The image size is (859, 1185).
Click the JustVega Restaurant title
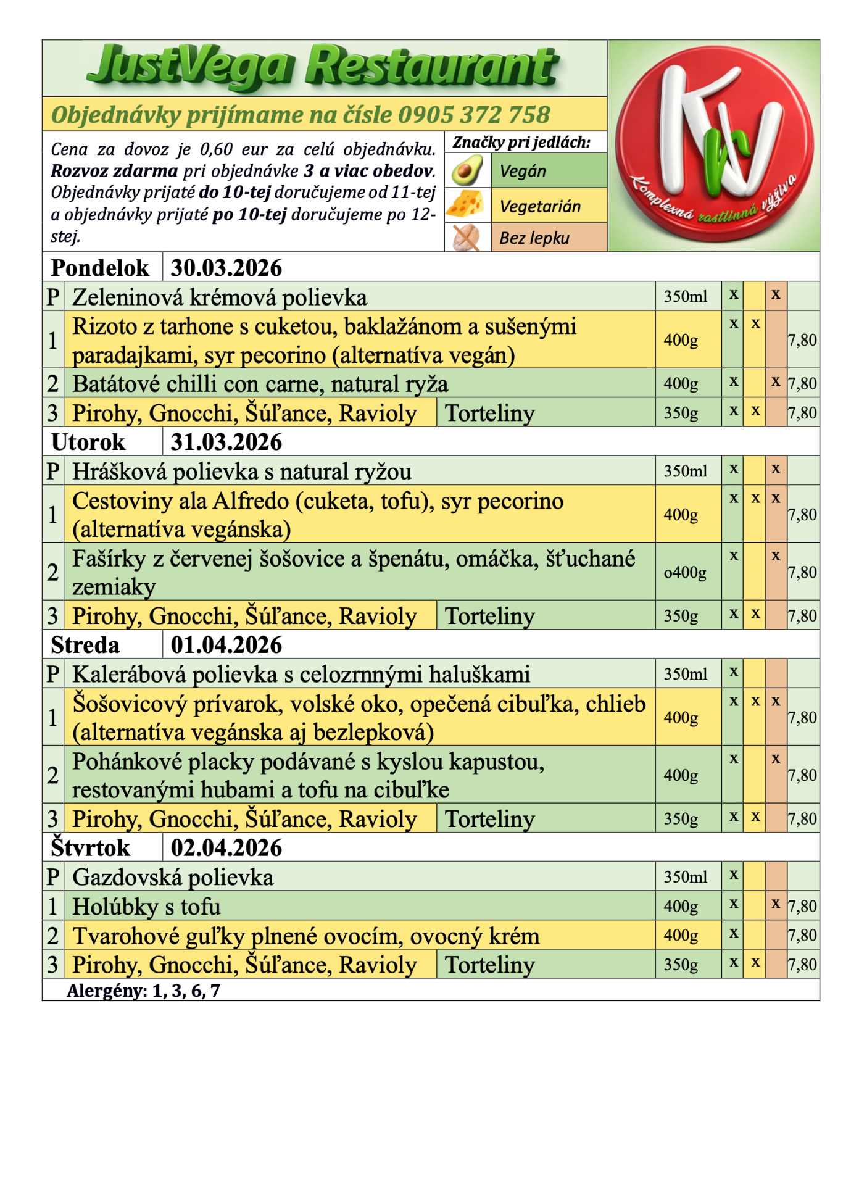click(x=323, y=67)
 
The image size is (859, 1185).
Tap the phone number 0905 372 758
click(x=473, y=115)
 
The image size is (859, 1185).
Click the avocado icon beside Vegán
click(x=467, y=170)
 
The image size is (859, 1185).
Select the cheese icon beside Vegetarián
click(x=467, y=204)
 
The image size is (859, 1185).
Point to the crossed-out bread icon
click(x=467, y=238)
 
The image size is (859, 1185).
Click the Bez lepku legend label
click(x=534, y=238)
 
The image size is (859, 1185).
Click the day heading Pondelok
click(x=100, y=268)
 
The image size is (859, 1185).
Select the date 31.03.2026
click(x=226, y=442)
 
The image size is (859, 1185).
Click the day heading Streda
click(x=85, y=645)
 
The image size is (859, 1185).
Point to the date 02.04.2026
click(x=226, y=848)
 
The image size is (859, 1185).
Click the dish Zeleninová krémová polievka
click(x=220, y=297)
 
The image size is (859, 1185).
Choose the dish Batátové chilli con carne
click(x=260, y=384)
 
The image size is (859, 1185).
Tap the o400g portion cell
click(x=685, y=572)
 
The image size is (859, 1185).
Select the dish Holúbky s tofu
click(x=146, y=907)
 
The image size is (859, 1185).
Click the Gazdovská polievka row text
click(x=173, y=878)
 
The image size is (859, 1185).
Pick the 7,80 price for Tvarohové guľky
click(x=802, y=935)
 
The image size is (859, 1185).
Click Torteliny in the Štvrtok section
click(x=490, y=965)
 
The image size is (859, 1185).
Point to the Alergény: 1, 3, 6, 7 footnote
click(x=143, y=991)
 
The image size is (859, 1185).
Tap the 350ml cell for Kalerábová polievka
click(x=685, y=674)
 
